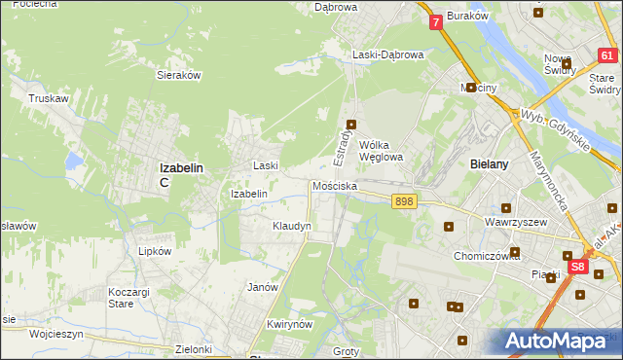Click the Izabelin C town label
click(180, 173)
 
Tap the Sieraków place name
click(178, 74)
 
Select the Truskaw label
click(48, 98)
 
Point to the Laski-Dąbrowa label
click(388, 55)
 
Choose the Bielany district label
click(489, 164)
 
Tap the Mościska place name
click(335, 185)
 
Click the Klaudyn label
click(291, 226)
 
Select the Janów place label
click(263, 287)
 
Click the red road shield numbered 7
click(435, 21)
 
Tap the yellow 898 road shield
click(405, 200)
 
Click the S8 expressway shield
click(578, 265)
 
